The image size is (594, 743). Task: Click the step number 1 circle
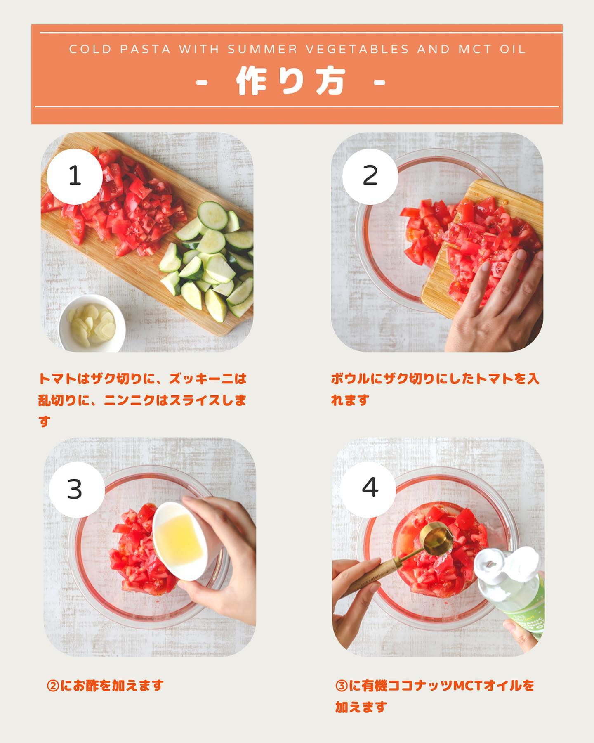tap(75, 177)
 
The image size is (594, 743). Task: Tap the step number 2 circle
tap(370, 177)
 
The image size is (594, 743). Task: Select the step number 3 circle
tap(77, 490)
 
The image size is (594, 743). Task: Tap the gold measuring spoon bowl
tap(436, 539)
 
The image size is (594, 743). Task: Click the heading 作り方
tap(290, 82)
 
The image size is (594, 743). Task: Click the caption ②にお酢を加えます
tap(106, 686)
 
